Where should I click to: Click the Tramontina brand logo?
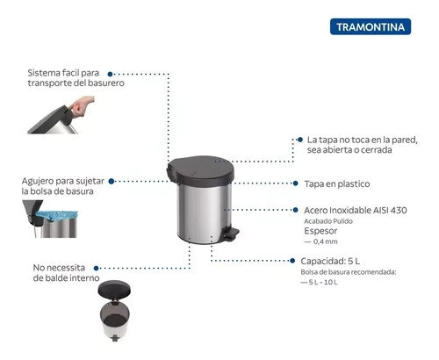coord(371,26)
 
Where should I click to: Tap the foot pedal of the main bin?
coord(230,234)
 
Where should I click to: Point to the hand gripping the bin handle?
coord(83,106)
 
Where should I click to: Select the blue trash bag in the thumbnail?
coord(56,216)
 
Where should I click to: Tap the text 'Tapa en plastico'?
coord(337,184)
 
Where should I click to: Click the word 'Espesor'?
coord(320,231)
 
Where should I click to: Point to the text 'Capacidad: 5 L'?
coord(330,261)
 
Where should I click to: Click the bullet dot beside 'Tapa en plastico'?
coord(295,184)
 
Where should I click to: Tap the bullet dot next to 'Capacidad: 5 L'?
coord(292,261)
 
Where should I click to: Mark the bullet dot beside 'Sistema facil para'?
coord(110,74)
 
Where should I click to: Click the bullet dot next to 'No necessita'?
coord(96,268)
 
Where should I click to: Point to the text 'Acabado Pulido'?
coord(328,221)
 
